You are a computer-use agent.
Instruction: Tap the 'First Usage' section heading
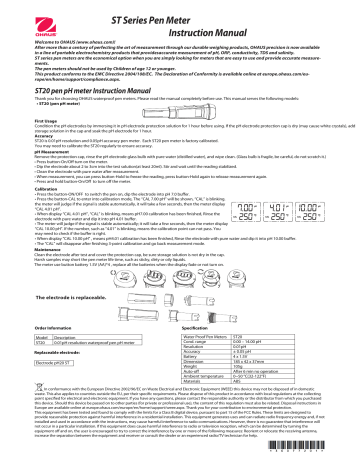22,116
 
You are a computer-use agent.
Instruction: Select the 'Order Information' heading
28,355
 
